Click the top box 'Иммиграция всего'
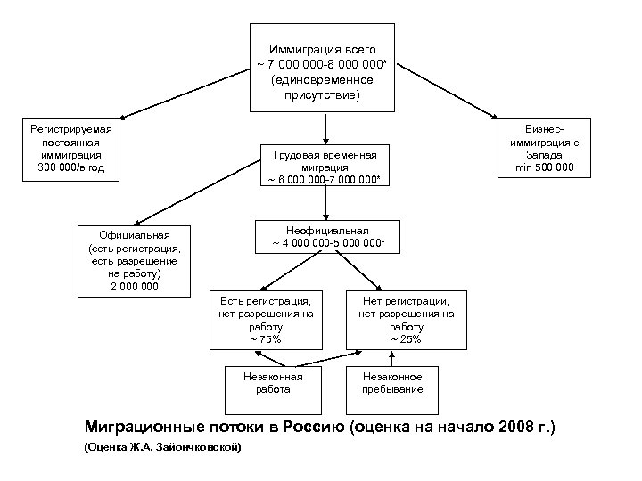point(322,67)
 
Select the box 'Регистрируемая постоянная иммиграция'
point(71,148)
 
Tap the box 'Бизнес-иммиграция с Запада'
point(545,148)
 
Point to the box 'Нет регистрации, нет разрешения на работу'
point(406,320)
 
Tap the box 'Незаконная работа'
point(267,383)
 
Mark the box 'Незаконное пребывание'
point(392,383)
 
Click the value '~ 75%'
point(265,339)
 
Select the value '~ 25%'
point(406,339)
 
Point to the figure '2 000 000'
point(135,286)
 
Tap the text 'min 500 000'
point(545,167)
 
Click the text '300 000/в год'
point(71,167)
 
